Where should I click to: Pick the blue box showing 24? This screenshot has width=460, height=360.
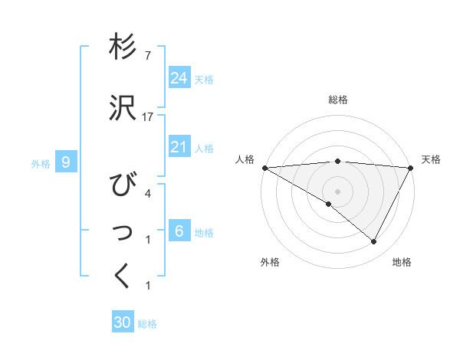point(179,77)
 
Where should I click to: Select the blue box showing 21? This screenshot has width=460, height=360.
point(179,147)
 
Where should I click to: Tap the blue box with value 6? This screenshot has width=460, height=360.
point(179,231)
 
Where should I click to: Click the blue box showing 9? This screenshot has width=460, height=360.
point(67,162)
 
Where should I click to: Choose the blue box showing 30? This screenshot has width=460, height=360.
point(123,322)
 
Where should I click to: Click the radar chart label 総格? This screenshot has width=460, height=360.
point(337,100)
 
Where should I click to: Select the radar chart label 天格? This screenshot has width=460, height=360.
point(431,159)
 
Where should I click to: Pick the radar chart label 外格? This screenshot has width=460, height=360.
point(270,262)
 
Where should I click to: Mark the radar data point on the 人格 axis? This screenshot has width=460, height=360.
point(264,167)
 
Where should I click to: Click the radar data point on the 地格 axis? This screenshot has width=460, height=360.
point(374,242)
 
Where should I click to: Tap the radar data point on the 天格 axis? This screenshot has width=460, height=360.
point(411,167)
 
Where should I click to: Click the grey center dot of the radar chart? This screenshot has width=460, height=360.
point(337,191)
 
